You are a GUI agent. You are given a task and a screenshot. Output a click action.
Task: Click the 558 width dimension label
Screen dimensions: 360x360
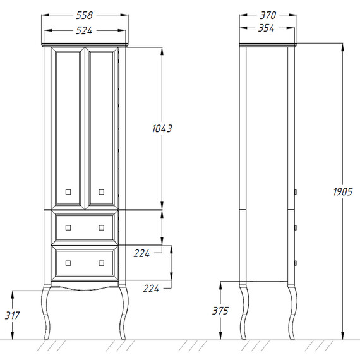point(84,15)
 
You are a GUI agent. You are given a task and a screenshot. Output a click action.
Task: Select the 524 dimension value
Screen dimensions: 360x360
point(84,30)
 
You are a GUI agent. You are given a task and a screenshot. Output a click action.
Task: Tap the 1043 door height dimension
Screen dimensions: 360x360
point(162,128)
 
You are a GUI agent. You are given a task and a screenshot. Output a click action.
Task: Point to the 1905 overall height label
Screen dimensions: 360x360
point(342,191)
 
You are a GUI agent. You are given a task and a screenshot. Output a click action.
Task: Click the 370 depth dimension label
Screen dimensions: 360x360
point(268,15)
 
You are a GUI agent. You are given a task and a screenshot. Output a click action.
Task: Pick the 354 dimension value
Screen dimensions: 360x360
point(267,28)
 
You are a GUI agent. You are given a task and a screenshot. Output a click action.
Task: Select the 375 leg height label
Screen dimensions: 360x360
point(220,311)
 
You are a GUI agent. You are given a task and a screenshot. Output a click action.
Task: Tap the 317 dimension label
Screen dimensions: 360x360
point(13,315)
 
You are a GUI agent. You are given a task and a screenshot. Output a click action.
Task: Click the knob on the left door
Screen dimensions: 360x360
point(68,192)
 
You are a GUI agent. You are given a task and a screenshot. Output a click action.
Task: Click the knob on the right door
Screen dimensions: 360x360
point(101,192)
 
